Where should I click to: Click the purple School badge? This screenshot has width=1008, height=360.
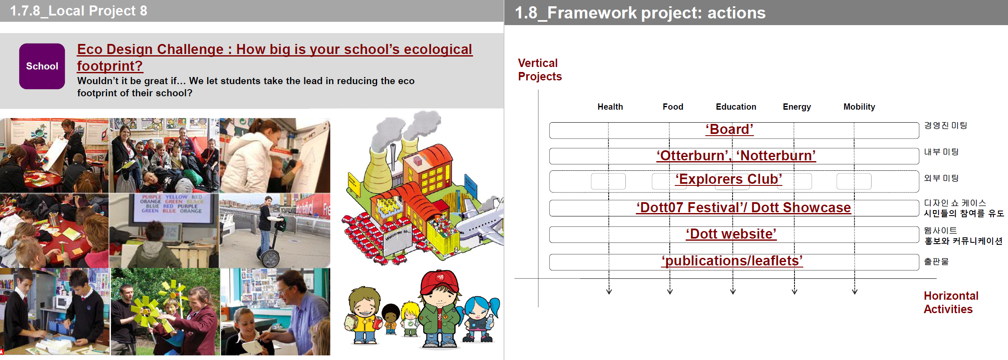(x=42, y=66)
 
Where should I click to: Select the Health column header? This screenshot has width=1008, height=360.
(x=610, y=107)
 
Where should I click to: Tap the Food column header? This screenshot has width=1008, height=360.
(x=673, y=107)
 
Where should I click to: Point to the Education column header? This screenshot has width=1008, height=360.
(x=736, y=107)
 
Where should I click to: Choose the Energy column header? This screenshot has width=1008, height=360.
(x=797, y=107)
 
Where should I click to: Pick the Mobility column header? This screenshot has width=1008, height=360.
(x=859, y=107)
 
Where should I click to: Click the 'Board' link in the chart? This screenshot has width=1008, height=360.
(x=729, y=129)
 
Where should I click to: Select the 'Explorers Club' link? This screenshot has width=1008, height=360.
(x=728, y=179)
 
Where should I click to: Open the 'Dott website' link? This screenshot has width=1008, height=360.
(x=731, y=234)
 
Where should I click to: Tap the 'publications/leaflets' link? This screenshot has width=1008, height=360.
(x=732, y=261)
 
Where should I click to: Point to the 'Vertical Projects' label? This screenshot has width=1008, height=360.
(x=540, y=70)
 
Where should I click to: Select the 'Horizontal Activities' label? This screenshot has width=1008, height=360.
(x=951, y=303)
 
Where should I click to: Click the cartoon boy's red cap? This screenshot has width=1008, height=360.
(x=439, y=282)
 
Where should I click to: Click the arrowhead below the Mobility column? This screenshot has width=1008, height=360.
(x=855, y=291)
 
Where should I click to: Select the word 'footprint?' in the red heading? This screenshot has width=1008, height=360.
(x=110, y=66)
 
